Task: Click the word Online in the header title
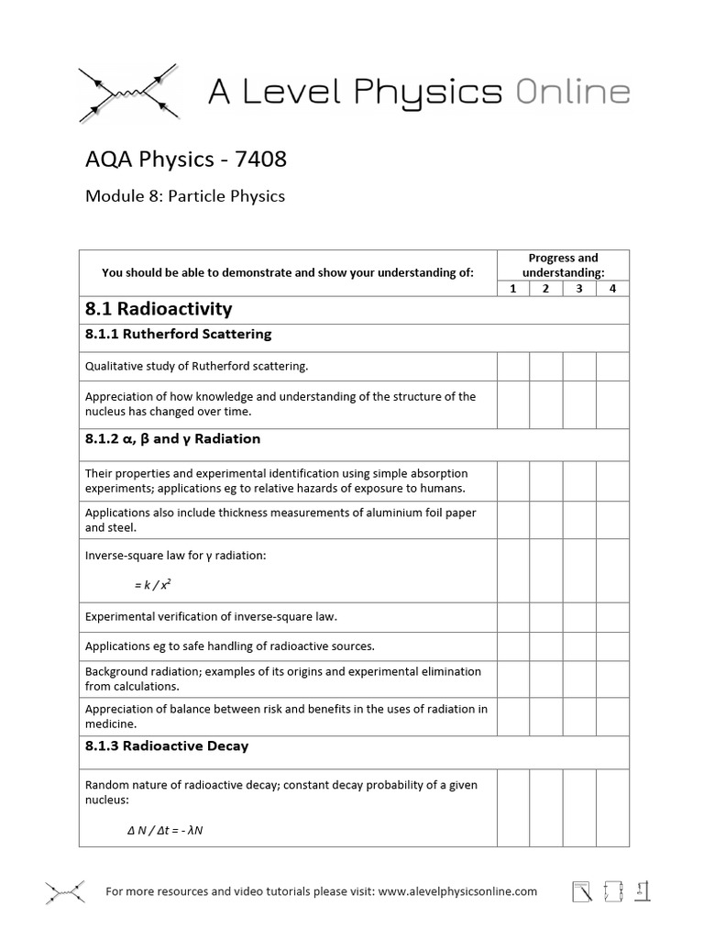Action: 572,92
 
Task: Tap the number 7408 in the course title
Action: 260,160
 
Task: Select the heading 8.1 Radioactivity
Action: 159,309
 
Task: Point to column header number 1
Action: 513,289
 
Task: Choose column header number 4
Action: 612,289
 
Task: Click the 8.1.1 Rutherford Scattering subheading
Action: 178,334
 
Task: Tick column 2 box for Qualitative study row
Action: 546,367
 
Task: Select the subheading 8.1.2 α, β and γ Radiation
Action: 172,439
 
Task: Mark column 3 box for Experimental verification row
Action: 579,616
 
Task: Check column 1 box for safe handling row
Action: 513,646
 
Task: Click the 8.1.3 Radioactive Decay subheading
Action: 167,746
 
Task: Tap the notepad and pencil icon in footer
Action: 581,891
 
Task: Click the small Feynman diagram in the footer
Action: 65,891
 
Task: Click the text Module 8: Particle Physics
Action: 185,196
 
